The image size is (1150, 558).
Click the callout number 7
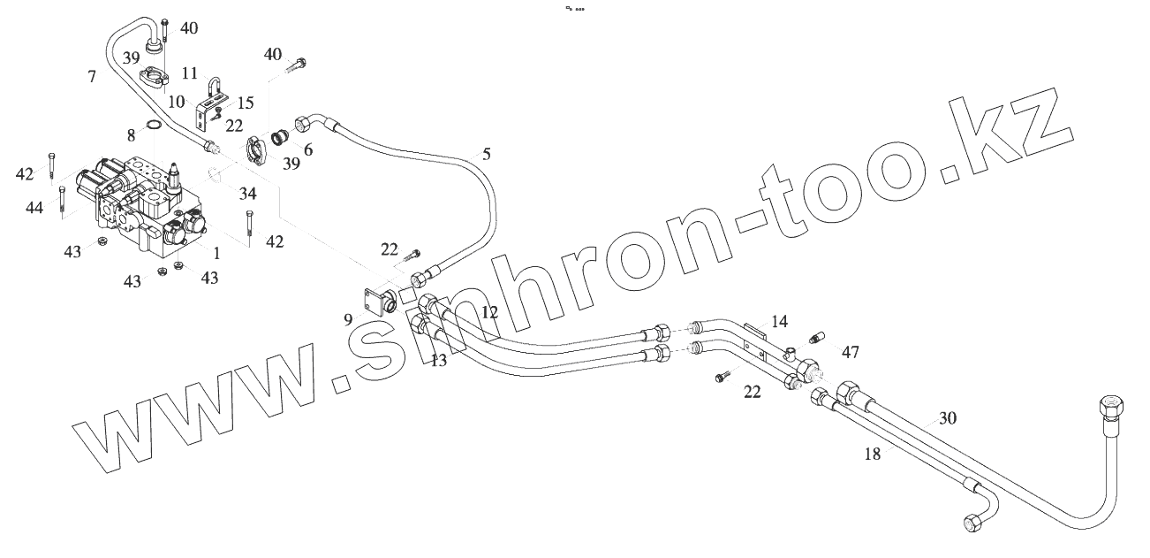point(92,77)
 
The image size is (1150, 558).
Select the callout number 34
point(247,194)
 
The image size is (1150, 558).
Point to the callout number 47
point(850,352)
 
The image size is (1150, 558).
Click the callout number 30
point(947,417)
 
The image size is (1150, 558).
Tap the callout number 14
point(778,322)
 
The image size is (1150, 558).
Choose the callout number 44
point(34,207)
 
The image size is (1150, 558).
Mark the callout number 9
point(348,318)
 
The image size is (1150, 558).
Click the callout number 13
point(438,360)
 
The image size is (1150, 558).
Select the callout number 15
point(246,103)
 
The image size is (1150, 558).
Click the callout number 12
point(490,312)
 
